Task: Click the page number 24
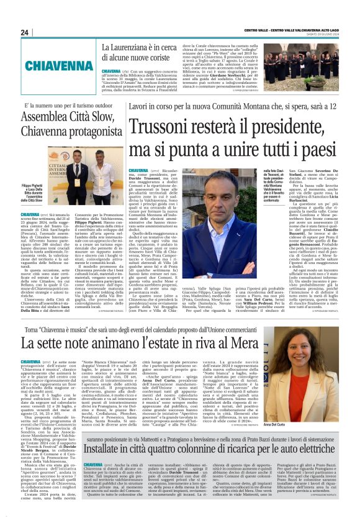click(x=25, y=32)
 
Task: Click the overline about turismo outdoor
click(x=69, y=106)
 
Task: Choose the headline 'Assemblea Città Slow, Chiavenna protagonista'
click(x=73, y=122)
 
